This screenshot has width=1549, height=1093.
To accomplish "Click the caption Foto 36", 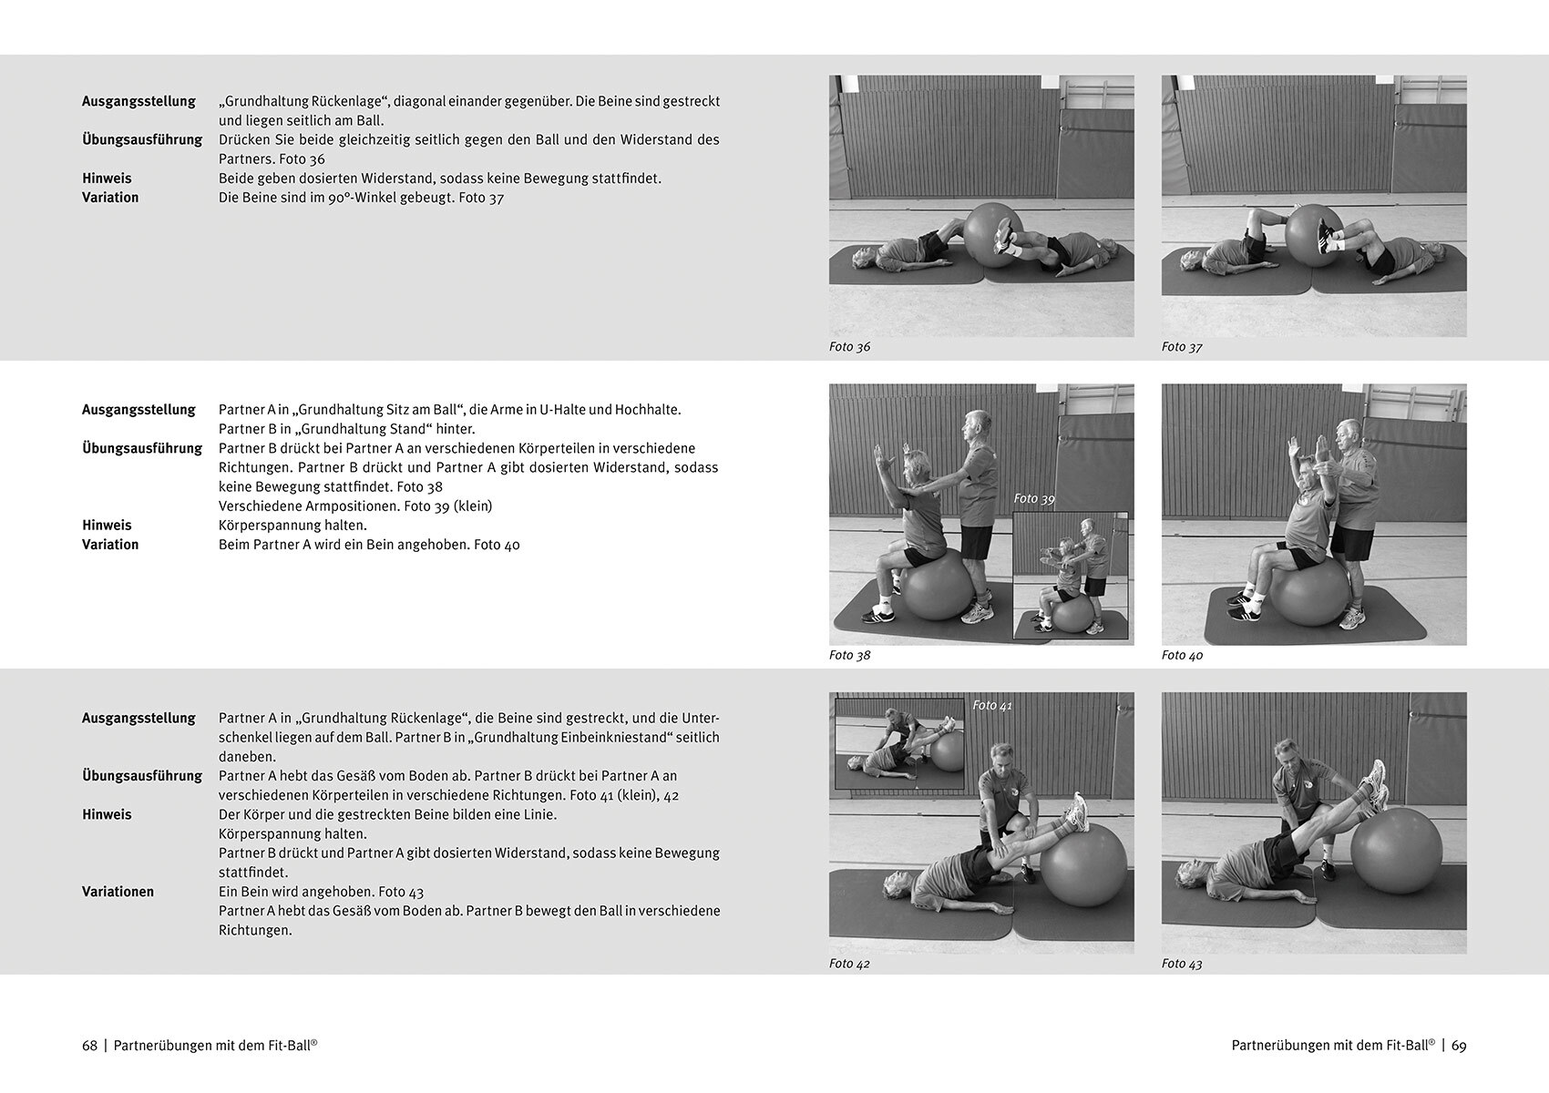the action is click(x=849, y=347).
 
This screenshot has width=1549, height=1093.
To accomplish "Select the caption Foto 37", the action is click(x=1182, y=347).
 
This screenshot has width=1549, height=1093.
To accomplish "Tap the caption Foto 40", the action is click(x=1182, y=656).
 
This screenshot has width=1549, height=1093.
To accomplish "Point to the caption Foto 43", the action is click(x=1182, y=964).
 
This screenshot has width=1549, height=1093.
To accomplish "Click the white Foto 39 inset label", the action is click(x=1034, y=498).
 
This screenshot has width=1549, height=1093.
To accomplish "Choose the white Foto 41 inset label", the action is click(x=992, y=705).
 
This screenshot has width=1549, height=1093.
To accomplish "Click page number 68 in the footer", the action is click(x=90, y=1046).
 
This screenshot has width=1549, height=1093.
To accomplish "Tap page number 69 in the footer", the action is click(x=1459, y=1046).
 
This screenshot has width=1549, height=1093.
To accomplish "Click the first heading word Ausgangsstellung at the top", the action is click(x=138, y=102).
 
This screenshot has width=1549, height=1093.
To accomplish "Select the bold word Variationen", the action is click(x=118, y=892).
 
